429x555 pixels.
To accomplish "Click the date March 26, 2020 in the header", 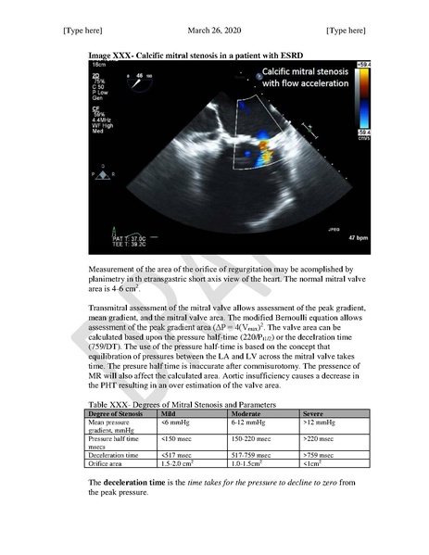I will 213,31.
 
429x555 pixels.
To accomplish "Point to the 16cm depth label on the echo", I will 97,67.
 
